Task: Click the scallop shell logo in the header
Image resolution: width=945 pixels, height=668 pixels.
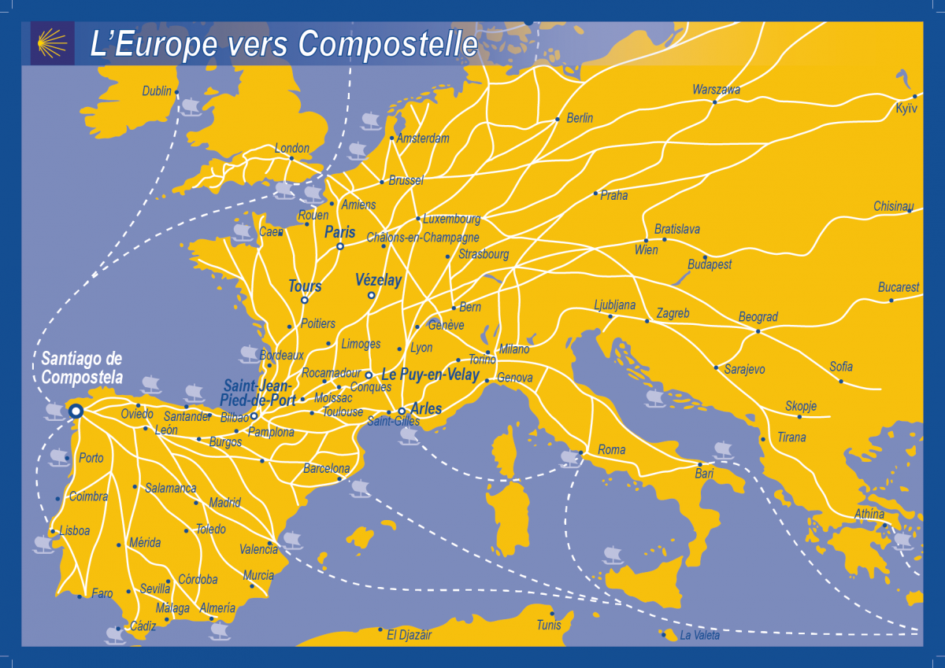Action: click(52, 42)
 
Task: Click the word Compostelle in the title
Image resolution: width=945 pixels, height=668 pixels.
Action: click(388, 44)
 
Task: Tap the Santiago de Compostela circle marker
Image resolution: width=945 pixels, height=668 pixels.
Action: click(76, 411)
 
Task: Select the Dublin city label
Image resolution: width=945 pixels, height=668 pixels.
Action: click(157, 91)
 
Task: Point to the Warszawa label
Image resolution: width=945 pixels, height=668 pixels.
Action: click(716, 90)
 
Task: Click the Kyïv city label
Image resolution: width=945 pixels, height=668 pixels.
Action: click(906, 109)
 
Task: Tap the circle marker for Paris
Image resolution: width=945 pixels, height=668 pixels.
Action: click(340, 246)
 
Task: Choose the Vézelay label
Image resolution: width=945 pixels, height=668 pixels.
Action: click(378, 280)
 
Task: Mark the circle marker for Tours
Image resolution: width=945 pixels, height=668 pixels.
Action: click(305, 300)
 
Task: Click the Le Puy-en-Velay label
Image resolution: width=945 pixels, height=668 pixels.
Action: click(430, 375)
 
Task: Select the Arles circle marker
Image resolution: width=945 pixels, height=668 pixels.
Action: click(402, 411)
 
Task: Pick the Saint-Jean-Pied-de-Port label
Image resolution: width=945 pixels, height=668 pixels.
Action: click(259, 393)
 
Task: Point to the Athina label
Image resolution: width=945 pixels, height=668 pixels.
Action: click(869, 515)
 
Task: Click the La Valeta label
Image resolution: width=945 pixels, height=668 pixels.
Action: click(699, 636)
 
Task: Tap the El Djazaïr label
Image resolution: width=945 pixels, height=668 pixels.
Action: click(409, 634)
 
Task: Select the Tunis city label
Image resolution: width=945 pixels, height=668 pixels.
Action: click(549, 625)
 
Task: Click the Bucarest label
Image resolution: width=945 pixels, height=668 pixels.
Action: click(899, 288)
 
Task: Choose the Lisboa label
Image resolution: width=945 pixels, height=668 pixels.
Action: click(74, 531)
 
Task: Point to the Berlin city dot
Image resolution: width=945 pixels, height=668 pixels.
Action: click(558, 120)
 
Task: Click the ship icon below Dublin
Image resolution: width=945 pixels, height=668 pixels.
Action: click(190, 107)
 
